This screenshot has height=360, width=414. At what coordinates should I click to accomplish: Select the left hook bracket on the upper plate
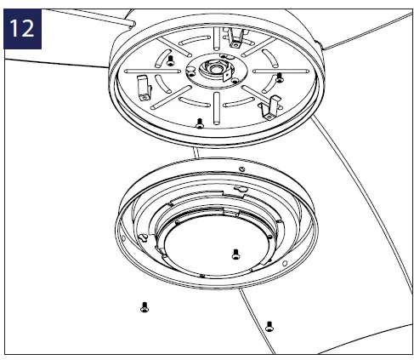click(144, 85)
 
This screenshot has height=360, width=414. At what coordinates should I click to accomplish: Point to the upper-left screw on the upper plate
click(170, 62)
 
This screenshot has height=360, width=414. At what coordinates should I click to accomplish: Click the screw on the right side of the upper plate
click(279, 77)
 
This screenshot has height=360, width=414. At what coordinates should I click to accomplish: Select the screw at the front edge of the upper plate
click(199, 122)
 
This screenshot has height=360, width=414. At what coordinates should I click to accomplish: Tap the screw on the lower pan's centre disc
click(235, 253)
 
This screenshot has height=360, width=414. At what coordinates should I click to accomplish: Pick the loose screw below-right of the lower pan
click(269, 324)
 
